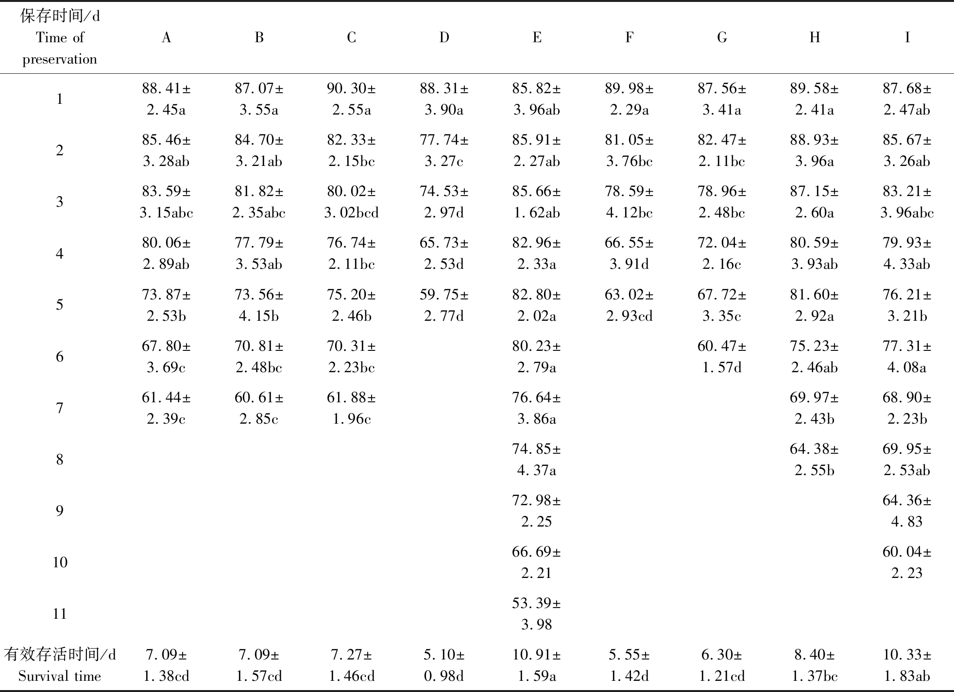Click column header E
537,37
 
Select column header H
815,37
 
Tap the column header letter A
166,37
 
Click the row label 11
60,614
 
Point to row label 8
60,460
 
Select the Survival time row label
60,665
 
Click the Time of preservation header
60,38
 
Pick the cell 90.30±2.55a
351,99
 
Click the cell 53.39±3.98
537,614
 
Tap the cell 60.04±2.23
907,562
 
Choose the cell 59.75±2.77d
444,305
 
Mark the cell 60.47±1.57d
722,357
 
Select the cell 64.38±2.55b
815,460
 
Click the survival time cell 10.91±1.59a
537,665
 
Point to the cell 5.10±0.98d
444,665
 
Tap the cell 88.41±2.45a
166,99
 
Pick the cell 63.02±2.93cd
629,305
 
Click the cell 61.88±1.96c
351,408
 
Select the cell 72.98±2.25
537,511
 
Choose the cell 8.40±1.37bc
815,665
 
